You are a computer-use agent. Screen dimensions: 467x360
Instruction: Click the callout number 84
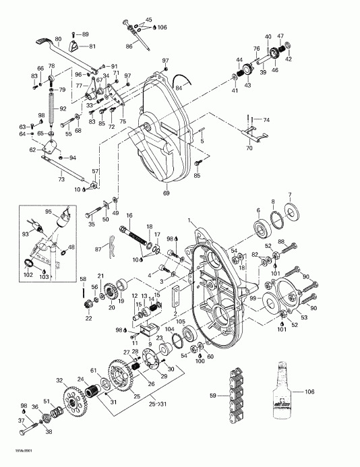click(179, 87)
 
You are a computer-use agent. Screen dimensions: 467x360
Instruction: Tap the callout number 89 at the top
click(86, 34)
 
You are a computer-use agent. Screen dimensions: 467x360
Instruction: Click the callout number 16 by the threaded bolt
click(129, 215)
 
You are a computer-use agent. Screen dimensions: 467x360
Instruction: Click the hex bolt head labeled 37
click(23, 429)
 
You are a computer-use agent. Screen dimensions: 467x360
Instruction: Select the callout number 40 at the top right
click(268, 36)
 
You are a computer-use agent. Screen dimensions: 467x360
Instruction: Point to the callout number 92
click(62, 108)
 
